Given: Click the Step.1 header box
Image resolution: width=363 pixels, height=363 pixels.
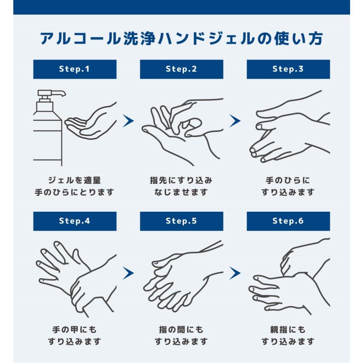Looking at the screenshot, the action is (75, 69).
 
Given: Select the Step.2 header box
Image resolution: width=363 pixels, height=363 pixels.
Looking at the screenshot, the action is (181, 69).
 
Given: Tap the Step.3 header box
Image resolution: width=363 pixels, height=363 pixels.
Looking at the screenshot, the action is (288, 69).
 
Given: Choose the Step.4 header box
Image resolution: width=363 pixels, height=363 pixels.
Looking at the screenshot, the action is (75, 221).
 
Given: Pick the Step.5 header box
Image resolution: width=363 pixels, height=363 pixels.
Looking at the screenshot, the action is (181, 221).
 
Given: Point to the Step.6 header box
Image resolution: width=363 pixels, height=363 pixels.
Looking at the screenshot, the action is (288, 221).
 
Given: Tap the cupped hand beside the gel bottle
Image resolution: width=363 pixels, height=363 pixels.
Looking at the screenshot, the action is (91, 121).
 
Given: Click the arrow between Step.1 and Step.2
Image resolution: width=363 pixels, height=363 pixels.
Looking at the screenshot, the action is (128, 121).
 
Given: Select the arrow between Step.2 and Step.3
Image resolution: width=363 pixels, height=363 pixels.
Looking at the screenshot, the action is (235, 121).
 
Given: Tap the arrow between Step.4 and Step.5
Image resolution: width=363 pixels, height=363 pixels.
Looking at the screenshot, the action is (128, 273).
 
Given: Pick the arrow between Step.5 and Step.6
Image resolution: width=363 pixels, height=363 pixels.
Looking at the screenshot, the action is (235, 273).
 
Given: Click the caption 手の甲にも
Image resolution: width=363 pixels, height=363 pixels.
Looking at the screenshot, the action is (74, 330).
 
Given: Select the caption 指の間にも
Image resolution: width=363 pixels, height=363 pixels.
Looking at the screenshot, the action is (181, 330).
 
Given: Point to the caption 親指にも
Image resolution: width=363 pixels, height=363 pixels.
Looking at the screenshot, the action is (288, 330).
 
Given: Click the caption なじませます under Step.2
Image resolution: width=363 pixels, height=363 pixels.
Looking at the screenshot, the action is (181, 192).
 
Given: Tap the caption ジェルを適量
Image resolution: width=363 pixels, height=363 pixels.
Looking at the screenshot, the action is (74, 180).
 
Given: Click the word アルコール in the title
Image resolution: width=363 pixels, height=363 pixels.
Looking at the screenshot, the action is (80, 38).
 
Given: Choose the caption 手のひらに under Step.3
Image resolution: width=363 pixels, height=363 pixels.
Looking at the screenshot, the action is (288, 180).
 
